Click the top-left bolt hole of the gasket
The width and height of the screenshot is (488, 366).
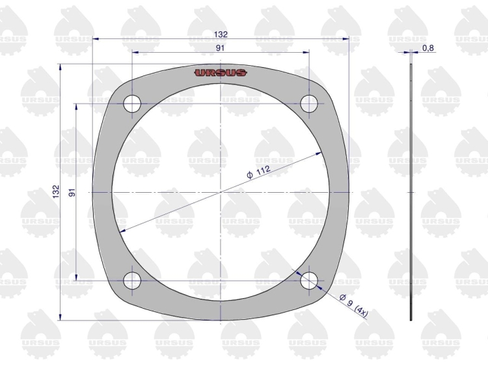tap(132, 104)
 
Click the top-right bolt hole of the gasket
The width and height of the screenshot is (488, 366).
tap(308, 104)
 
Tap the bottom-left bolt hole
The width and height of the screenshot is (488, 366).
tap(132, 280)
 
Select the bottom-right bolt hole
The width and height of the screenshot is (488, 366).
tap(308, 280)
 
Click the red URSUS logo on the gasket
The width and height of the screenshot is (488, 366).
tap(221, 73)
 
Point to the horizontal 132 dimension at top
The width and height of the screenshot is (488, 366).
tap(221, 35)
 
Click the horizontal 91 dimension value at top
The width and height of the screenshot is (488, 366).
tap(221, 48)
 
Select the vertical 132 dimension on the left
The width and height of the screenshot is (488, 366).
tap(56, 192)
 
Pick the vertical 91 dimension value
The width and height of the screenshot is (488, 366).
tap(72, 192)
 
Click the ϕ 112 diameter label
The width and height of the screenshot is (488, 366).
tap(258, 172)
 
